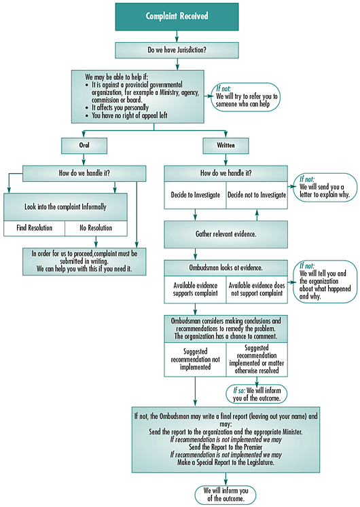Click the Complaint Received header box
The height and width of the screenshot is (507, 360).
177,17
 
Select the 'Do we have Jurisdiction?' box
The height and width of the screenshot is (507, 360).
177,50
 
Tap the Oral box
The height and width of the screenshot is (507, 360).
84,146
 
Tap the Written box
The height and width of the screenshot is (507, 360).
226,146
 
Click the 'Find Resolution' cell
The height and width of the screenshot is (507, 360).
34,228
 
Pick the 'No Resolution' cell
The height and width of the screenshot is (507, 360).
96,228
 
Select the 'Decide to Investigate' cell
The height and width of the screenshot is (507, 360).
195,195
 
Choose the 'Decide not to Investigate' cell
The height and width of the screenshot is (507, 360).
257,195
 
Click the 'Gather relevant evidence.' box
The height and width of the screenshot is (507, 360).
226,234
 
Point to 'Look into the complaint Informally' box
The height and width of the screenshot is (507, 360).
65,207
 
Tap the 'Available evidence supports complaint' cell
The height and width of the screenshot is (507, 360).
195,289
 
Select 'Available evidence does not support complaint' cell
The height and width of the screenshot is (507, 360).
257,289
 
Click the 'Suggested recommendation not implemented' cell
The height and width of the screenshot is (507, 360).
195,359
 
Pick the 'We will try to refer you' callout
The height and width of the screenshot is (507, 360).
245,97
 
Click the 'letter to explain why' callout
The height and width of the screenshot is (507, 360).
325,187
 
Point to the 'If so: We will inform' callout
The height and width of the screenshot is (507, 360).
257,394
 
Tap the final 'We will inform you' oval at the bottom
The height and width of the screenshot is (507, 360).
226,495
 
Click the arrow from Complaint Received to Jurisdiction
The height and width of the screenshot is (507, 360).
177,36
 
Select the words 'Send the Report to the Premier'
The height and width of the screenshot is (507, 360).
226,447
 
